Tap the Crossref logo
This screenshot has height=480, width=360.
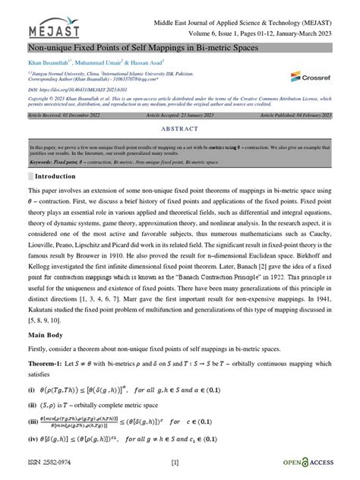click(309, 76)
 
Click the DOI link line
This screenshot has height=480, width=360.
click(79, 90)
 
